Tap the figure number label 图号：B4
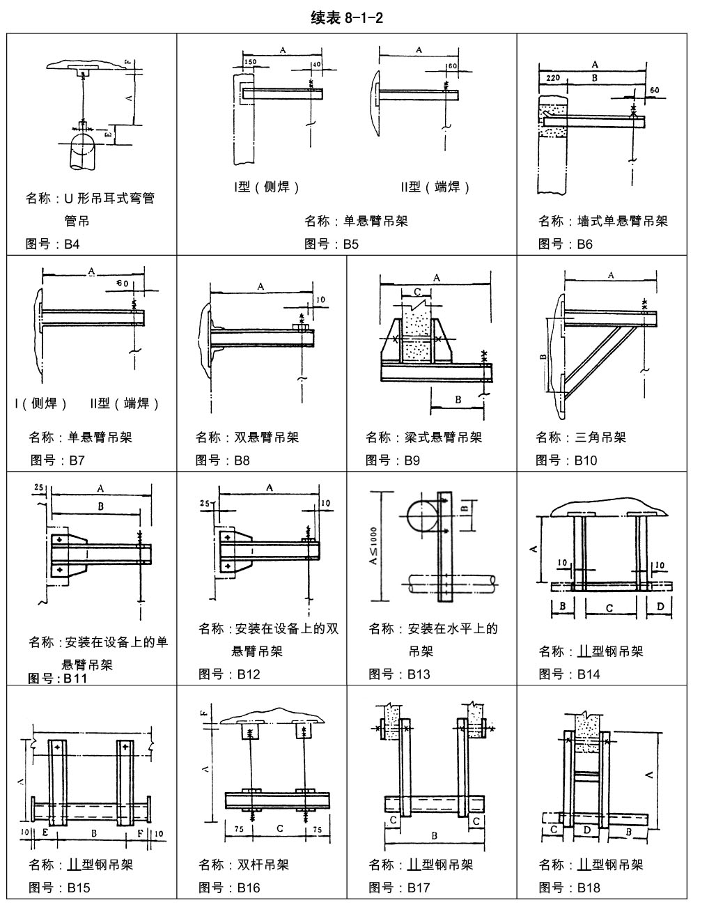pos(53,244)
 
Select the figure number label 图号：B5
pos(332,244)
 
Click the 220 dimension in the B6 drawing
pos(554,79)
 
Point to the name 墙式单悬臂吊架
pos(602,221)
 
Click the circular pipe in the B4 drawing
pos(83,147)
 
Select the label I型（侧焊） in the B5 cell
pos(266,187)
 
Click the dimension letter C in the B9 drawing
pos(417,292)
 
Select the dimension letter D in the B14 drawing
pos(660,606)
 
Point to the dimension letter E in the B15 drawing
pos(45,832)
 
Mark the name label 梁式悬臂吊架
pos(423,437)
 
